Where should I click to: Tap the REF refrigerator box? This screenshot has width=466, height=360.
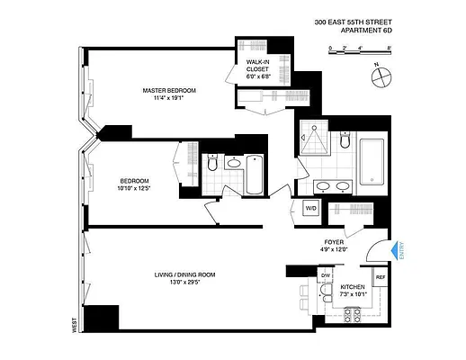(380, 278)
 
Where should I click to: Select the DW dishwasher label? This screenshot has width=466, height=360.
(300, 276)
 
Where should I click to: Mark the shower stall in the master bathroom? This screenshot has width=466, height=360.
(316, 139)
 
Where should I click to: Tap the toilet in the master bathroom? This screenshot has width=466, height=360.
(345, 142)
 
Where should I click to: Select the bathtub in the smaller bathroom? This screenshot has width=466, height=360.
(255, 174)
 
